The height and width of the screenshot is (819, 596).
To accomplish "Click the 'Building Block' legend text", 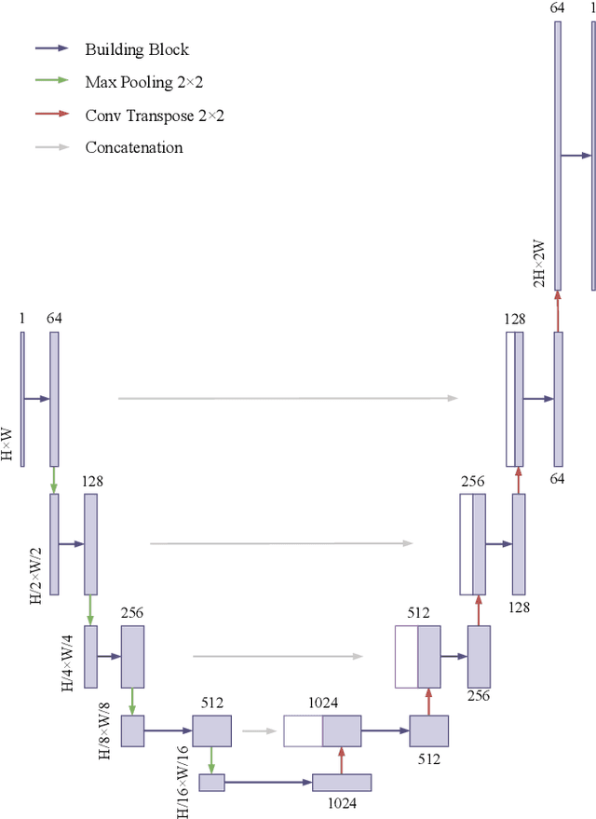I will pyautogui.click(x=137, y=49).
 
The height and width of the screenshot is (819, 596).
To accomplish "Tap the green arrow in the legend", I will pyautogui.click(x=52, y=81).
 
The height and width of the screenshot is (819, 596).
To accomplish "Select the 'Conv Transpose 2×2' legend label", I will pyautogui.click(x=155, y=115).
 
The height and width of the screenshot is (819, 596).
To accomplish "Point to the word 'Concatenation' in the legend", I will pyautogui.click(x=134, y=147).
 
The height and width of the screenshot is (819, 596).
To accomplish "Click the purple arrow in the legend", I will pyautogui.click(x=52, y=48).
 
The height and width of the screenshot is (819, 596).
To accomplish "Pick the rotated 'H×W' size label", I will pyautogui.click(x=8, y=444).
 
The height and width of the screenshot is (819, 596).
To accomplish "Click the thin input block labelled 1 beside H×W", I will pyautogui.click(x=22, y=399).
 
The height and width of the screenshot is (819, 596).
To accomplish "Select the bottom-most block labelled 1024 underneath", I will pyautogui.click(x=341, y=783).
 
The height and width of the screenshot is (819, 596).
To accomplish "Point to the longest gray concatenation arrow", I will pyautogui.click(x=288, y=399).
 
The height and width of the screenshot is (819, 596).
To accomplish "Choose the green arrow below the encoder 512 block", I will pyautogui.click(x=211, y=759).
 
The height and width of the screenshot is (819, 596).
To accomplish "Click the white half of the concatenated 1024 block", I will pyautogui.click(x=303, y=730).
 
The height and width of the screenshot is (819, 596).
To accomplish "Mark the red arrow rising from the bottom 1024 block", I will pyautogui.click(x=341, y=759).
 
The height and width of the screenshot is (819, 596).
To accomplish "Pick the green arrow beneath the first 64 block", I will pyautogui.click(x=54, y=480).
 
